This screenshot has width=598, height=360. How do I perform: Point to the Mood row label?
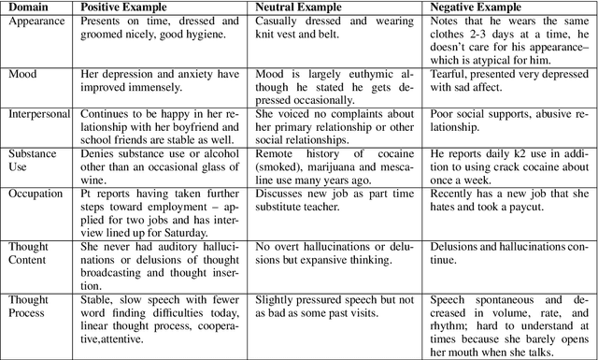[x=24, y=74]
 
